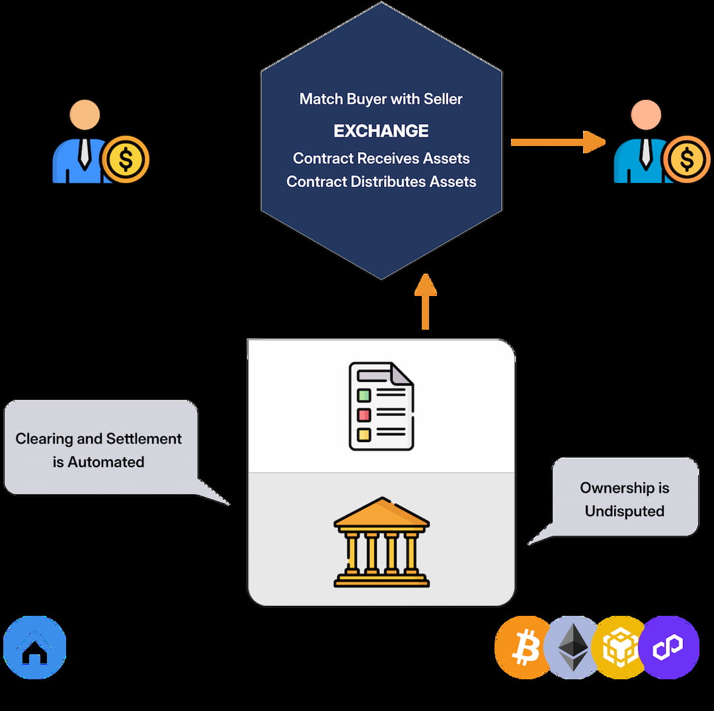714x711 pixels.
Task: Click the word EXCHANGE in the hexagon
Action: pos(381,131)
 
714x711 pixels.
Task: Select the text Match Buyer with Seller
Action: pos(381,99)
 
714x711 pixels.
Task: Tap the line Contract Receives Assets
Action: pos(381,159)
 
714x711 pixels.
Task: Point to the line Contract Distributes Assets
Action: pos(381,182)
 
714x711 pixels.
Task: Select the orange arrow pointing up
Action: pos(425,301)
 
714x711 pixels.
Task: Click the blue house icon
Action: pos(35,648)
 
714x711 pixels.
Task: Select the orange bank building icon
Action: pos(381,542)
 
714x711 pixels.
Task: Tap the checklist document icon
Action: pos(381,406)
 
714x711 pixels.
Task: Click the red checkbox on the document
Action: pos(364,415)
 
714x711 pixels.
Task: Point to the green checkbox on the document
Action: pos(364,395)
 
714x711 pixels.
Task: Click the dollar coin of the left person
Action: pos(126,159)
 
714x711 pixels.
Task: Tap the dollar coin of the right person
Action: pos(686,159)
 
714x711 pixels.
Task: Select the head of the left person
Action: pos(85,115)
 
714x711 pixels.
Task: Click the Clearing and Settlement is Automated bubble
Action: pos(99,449)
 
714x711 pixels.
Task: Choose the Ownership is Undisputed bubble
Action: pos(624,499)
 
